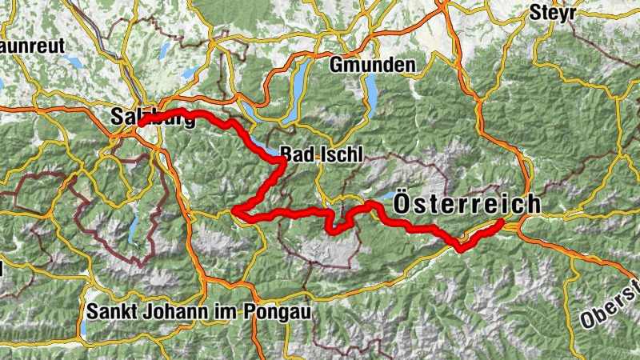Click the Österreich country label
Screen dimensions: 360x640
click(466, 205)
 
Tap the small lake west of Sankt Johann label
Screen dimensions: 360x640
click(82, 328)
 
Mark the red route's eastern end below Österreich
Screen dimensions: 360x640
click(502, 222)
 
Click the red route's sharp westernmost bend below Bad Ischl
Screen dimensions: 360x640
click(235, 210)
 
